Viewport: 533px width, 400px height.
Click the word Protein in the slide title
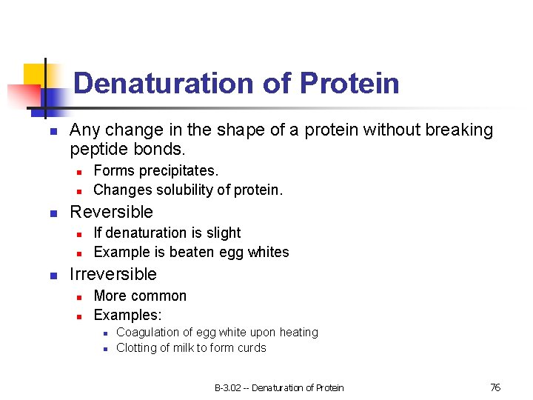pyautogui.click(x=349, y=84)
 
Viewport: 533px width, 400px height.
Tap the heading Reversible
pyautogui.click(x=111, y=212)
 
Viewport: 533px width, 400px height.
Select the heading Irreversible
pyautogui.click(x=113, y=274)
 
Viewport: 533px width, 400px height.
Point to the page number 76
pyautogui.click(x=495, y=387)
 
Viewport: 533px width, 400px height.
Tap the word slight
pyautogui.click(x=224, y=233)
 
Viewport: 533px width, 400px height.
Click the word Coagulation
pyautogui.click(x=147, y=333)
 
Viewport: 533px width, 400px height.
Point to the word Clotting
pyautogui.click(x=136, y=347)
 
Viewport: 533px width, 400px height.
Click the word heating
pyautogui.click(x=298, y=333)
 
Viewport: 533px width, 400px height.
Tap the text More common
pyautogui.click(x=140, y=296)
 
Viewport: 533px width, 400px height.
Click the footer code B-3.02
pyautogui.click(x=228, y=387)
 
